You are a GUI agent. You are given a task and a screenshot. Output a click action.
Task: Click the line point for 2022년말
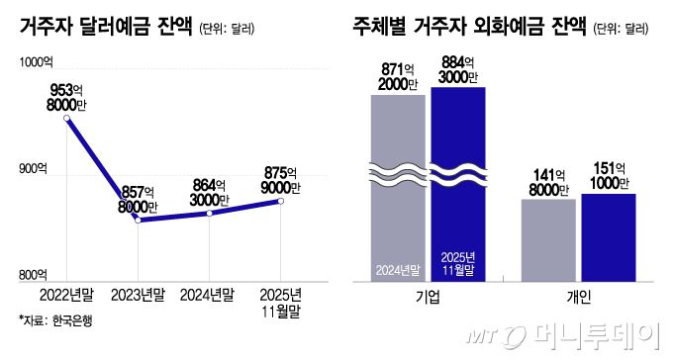(x=67, y=119)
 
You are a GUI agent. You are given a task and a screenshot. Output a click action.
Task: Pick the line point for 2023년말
(x=138, y=220)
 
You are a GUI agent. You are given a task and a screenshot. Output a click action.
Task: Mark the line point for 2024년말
(x=209, y=213)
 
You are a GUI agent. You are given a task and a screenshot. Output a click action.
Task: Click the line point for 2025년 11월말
(x=280, y=201)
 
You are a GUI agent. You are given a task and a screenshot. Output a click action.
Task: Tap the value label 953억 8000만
(x=67, y=97)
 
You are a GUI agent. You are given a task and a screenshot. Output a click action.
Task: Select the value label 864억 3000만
(x=210, y=191)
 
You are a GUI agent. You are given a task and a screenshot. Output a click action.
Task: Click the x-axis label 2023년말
(x=138, y=295)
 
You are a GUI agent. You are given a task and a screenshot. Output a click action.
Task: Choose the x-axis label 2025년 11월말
(x=280, y=302)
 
